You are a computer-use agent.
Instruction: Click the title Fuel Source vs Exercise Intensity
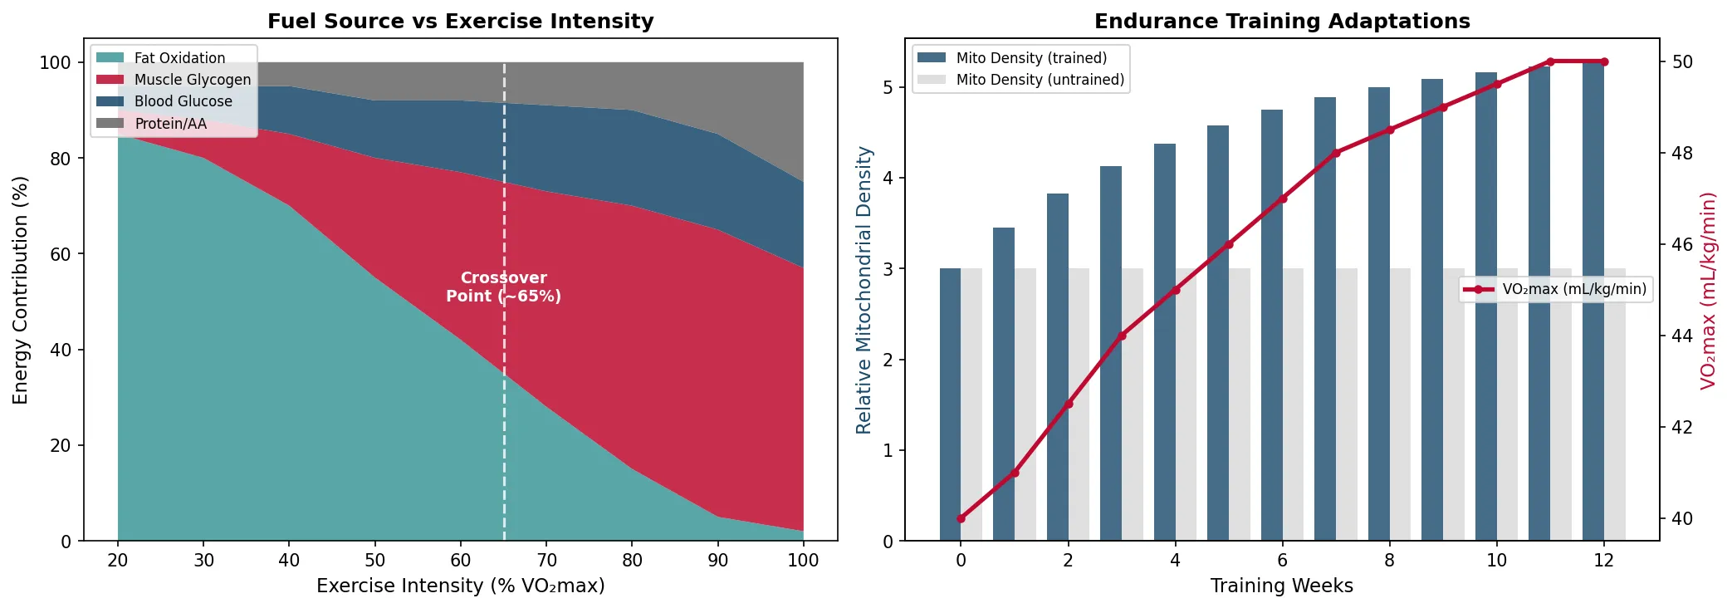click(x=460, y=21)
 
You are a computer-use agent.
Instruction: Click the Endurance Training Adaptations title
click(x=1281, y=21)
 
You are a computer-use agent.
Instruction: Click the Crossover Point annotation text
click(x=503, y=287)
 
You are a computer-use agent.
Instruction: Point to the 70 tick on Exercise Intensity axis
click(x=546, y=560)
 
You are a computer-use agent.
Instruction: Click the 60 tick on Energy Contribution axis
click(x=61, y=254)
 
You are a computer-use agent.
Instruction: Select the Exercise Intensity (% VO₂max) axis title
click(x=460, y=586)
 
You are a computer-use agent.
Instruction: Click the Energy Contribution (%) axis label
click(x=21, y=290)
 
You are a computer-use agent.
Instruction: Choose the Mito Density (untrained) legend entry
click(x=1040, y=80)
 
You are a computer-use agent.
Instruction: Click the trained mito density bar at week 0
click(x=950, y=405)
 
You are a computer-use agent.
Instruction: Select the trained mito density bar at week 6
click(x=1271, y=326)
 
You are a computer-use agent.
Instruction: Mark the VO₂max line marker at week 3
click(x=1122, y=336)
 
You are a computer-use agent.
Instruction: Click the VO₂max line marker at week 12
click(x=1603, y=61)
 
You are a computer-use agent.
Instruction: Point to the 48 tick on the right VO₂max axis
click(x=1681, y=153)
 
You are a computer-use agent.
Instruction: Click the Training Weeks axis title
click(x=1281, y=586)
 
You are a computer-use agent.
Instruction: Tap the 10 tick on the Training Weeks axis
click(x=1496, y=560)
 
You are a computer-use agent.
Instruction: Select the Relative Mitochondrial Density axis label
click(x=864, y=290)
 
